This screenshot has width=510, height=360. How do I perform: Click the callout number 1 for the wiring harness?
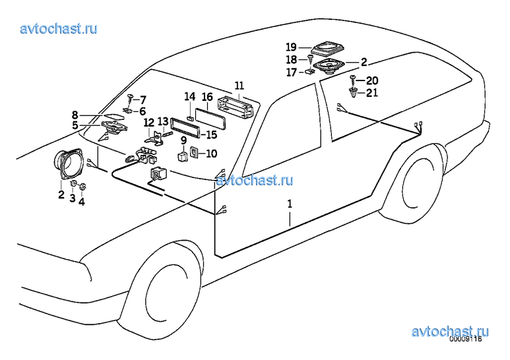pyautogui.click(x=289, y=204)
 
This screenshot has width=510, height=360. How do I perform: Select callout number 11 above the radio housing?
pyautogui.click(x=239, y=86)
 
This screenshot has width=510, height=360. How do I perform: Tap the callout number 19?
pyautogui.click(x=291, y=47)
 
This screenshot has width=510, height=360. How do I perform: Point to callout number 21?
pyautogui.click(x=372, y=93)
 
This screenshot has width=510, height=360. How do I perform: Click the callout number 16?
pyautogui.click(x=207, y=97)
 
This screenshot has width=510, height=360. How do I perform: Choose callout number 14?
pyautogui.click(x=189, y=97)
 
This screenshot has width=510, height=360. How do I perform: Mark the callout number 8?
pyautogui.click(x=75, y=115)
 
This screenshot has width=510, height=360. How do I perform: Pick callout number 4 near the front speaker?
pyautogui.click(x=82, y=202)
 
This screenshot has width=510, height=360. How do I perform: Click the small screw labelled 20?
pyautogui.click(x=355, y=81)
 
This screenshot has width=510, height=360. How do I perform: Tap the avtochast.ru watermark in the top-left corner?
pyautogui.click(x=59, y=28)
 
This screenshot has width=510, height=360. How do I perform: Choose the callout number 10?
pyautogui.click(x=211, y=154)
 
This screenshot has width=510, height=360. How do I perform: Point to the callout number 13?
pyautogui.click(x=163, y=121)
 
